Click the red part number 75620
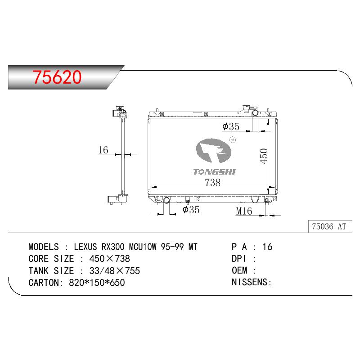pos(57,77)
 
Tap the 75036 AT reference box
pos(330,226)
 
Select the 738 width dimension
pos(212,183)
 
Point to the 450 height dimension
pos(264,156)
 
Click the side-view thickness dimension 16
pos(103,150)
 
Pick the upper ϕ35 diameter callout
pos(231,126)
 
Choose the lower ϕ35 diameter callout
pos(191,210)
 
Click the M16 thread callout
pos(244,211)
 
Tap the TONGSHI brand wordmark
pos(215,172)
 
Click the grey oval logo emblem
pos(213,151)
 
